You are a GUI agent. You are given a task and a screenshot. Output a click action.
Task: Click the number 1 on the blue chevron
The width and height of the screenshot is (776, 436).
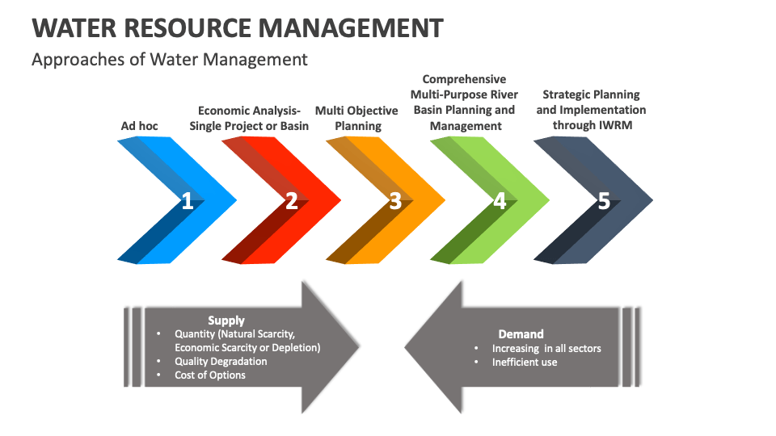[x=187, y=201]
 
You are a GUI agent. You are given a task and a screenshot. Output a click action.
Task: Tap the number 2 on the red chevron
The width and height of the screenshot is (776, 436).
[x=291, y=201]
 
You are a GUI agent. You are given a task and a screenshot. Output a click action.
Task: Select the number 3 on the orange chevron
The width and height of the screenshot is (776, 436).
[x=394, y=201]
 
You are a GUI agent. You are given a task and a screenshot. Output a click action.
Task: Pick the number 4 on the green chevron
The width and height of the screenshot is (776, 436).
[x=500, y=201]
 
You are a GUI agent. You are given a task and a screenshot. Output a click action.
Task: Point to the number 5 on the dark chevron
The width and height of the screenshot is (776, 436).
[x=603, y=201]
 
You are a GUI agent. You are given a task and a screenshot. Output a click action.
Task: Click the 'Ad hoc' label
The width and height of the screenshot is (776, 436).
[x=139, y=126]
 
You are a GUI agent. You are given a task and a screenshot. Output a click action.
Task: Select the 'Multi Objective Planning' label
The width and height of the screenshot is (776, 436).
[x=356, y=118]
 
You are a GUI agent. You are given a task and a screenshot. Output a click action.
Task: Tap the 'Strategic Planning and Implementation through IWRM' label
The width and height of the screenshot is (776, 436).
[x=591, y=110]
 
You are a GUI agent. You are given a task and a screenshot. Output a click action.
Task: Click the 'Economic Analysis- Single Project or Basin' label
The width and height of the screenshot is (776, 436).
[x=249, y=118]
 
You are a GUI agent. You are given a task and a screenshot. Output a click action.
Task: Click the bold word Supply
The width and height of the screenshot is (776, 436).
[x=226, y=321]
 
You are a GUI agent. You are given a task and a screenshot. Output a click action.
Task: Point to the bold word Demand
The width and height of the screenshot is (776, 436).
[x=521, y=333]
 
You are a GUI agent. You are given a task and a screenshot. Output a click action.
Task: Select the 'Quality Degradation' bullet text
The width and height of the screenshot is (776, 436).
[x=221, y=361]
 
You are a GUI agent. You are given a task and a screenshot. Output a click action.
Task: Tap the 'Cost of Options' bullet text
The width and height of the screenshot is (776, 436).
[x=210, y=375]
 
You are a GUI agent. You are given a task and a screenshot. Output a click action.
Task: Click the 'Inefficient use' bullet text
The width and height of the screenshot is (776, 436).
[x=525, y=362]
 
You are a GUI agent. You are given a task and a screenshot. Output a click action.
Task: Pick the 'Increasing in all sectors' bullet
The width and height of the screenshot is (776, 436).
[x=546, y=348]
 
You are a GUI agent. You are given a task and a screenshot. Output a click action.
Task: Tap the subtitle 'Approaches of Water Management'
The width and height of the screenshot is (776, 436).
[x=169, y=59]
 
